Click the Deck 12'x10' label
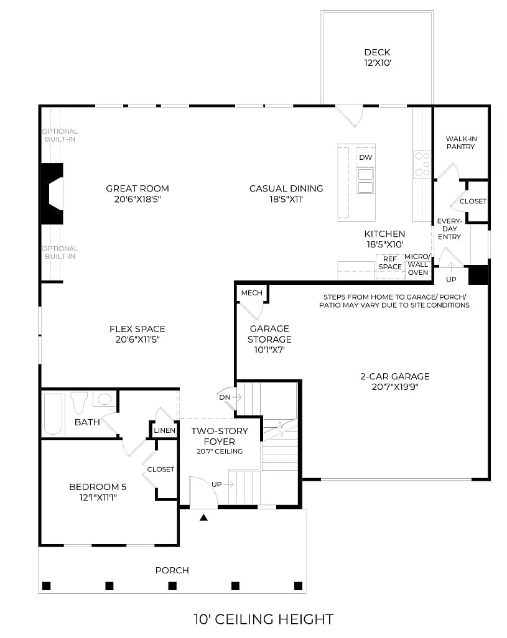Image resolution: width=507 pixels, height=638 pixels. click(x=377, y=58)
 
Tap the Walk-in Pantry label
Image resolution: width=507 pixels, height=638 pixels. click(x=460, y=142)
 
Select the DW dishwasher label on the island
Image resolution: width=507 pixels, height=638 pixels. click(x=365, y=157)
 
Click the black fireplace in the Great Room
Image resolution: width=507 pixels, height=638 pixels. click(x=52, y=193)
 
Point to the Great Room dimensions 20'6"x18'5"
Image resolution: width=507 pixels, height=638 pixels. click(x=137, y=199)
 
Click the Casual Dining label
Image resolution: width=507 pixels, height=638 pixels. click(x=286, y=188)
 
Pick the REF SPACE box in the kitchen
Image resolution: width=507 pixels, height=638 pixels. click(x=390, y=263)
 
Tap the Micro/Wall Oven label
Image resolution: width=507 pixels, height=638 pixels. click(x=417, y=264)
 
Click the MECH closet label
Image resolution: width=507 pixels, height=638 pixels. click(x=251, y=293)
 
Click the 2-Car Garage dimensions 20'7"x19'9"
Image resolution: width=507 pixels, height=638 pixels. click(x=394, y=387)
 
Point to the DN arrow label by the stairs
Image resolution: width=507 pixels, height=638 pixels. click(x=225, y=397)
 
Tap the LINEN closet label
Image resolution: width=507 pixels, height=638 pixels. click(x=164, y=430)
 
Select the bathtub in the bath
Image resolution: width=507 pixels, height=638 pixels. click(x=53, y=414)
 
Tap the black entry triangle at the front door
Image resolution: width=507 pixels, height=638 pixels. click(x=203, y=516)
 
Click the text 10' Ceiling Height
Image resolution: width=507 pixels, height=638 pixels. click(x=263, y=619)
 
